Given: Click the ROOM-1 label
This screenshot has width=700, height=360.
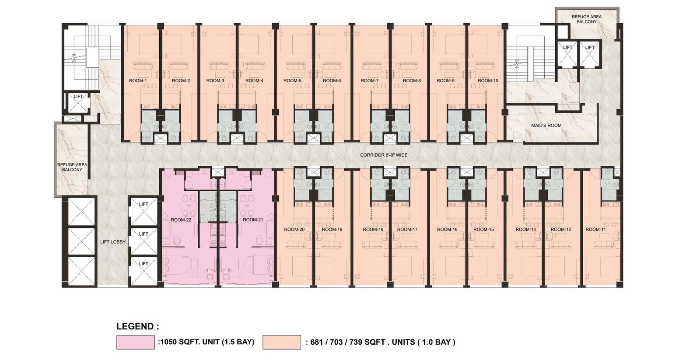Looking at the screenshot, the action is (x=138, y=80).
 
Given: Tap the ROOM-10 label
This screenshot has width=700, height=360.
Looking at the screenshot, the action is (x=488, y=80).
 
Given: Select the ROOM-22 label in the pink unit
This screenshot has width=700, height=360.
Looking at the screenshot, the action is (x=181, y=220).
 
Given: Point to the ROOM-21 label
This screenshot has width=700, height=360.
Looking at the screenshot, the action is (x=253, y=220).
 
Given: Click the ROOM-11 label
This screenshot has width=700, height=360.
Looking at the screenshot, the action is (x=595, y=229).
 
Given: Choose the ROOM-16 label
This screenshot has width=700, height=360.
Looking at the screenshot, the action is (x=447, y=229).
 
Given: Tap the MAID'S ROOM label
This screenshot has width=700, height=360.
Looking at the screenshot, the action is (x=546, y=125).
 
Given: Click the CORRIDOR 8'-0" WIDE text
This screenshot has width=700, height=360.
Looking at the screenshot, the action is (x=384, y=155).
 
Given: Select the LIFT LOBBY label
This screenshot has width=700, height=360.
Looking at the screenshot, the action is (x=113, y=242).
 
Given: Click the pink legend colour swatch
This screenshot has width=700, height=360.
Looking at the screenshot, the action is (x=136, y=342).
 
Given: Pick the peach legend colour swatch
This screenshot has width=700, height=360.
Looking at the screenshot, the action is (x=282, y=342).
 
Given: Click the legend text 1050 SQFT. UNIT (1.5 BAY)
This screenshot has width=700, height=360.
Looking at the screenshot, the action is (x=206, y=342).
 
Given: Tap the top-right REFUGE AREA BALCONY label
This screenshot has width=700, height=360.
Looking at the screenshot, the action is (x=587, y=19).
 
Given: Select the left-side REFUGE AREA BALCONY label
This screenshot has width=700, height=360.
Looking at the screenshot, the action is (x=72, y=167).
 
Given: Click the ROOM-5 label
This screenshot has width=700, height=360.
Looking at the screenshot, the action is (x=293, y=80).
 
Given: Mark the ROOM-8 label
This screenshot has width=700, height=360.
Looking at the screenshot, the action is (x=412, y=80).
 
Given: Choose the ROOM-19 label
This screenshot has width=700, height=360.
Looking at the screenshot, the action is (x=332, y=229).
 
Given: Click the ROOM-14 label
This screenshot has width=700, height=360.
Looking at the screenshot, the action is (x=525, y=229).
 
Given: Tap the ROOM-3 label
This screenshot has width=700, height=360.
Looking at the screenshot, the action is (x=215, y=80).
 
